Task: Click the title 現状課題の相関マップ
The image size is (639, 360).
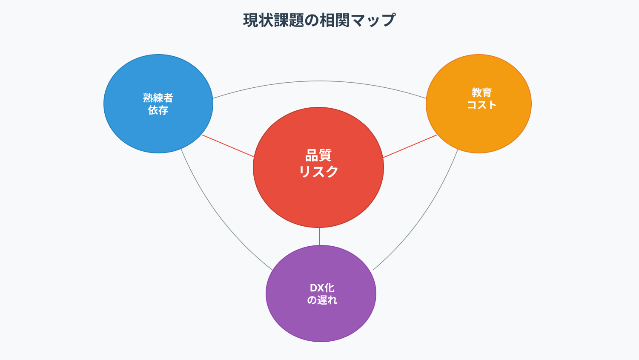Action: tap(319, 20)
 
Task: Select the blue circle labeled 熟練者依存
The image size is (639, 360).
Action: tap(158, 104)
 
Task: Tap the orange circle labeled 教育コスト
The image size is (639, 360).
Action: tap(479, 104)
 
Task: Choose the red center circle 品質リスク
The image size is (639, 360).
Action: tap(318, 167)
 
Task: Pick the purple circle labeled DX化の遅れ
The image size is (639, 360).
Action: tap(321, 294)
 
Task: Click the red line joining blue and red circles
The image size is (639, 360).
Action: tap(228, 146)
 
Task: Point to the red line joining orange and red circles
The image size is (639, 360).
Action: tap(410, 146)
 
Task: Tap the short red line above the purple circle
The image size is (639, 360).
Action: tap(319, 236)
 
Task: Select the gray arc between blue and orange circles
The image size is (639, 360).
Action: tap(319, 81)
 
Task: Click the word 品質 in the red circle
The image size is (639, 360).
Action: tap(318, 156)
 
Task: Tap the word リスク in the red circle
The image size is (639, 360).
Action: tap(318, 172)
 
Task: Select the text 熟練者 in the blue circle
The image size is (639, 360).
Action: tap(158, 98)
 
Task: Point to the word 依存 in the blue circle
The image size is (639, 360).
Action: tap(158, 110)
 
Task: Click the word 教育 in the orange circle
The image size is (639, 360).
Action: tap(481, 92)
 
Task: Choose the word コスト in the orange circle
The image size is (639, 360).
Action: tap(481, 105)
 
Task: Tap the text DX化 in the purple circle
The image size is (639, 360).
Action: tap(322, 288)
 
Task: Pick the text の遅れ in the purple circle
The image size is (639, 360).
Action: tap(322, 300)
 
